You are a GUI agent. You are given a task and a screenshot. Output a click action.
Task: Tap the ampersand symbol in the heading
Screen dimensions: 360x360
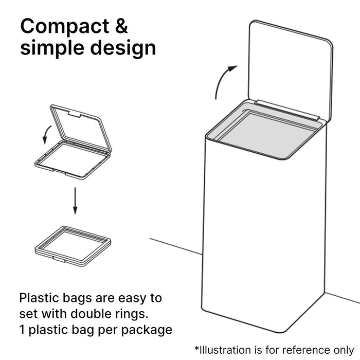[121, 26]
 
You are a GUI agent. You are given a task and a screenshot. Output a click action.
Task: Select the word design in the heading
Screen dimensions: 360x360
[123, 48]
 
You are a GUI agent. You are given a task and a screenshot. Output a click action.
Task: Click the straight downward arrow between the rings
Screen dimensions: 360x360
[75, 201]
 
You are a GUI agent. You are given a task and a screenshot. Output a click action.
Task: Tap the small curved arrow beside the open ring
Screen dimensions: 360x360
[47, 135]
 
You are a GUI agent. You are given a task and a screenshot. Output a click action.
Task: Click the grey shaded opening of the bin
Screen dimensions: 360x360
[267, 133]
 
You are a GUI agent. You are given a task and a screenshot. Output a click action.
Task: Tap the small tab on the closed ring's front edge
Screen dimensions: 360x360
[59, 259]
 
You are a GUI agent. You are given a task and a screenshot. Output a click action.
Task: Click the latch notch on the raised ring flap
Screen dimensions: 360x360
[75, 114]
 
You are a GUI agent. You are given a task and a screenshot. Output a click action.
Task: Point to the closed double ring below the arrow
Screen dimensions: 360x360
[73, 246]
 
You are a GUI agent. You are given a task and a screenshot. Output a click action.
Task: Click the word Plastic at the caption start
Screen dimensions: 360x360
[40, 298]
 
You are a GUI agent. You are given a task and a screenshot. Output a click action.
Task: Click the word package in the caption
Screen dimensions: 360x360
[147, 331]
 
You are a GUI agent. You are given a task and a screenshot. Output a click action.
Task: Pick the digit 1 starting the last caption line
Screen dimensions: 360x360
[22, 330]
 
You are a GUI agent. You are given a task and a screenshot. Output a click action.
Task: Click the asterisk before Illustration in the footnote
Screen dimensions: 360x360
[197, 348]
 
